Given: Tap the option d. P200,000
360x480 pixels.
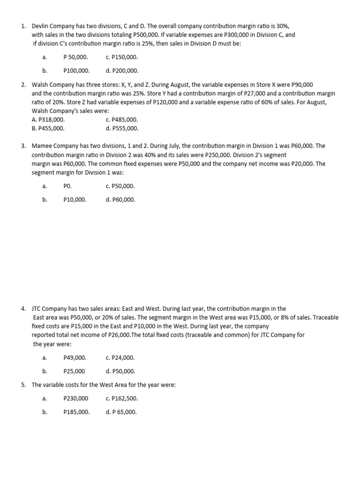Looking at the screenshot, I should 122,71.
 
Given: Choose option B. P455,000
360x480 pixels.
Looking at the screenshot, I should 48,128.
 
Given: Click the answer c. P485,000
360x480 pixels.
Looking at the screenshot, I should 122,120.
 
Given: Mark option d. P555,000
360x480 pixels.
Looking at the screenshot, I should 122,128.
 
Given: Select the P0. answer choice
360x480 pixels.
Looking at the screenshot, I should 67,186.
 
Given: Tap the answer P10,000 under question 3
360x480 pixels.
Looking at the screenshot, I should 75,200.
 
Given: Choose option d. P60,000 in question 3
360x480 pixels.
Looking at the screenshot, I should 120,200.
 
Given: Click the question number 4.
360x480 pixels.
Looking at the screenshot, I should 23,309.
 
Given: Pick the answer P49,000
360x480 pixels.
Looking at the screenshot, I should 75,358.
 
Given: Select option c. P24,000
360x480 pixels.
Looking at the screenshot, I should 120,358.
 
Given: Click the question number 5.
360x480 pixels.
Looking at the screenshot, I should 23,385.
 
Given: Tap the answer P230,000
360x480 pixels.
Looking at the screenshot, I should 75,398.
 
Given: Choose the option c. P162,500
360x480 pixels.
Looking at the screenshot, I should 122,398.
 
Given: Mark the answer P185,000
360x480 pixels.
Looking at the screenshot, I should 76,412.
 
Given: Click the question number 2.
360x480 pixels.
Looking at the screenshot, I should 23,85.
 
